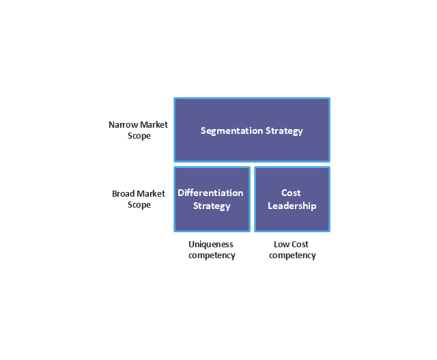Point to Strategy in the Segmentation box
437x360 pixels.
point(283,130)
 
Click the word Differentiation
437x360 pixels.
point(210,193)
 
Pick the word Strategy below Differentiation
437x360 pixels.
point(212,206)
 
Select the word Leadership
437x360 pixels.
point(292,206)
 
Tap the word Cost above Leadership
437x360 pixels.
point(291,193)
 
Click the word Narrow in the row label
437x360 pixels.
point(123,125)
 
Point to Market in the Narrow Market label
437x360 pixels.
point(154,125)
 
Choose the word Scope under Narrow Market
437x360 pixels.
point(139,136)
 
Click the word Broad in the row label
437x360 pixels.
point(124,194)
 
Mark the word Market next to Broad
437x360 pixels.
point(152,194)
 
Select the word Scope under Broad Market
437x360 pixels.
point(139,205)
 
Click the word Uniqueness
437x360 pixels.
point(211,244)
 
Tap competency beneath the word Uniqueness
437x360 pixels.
point(212,255)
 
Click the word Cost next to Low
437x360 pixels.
point(300,244)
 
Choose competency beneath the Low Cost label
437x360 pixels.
point(292,255)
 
